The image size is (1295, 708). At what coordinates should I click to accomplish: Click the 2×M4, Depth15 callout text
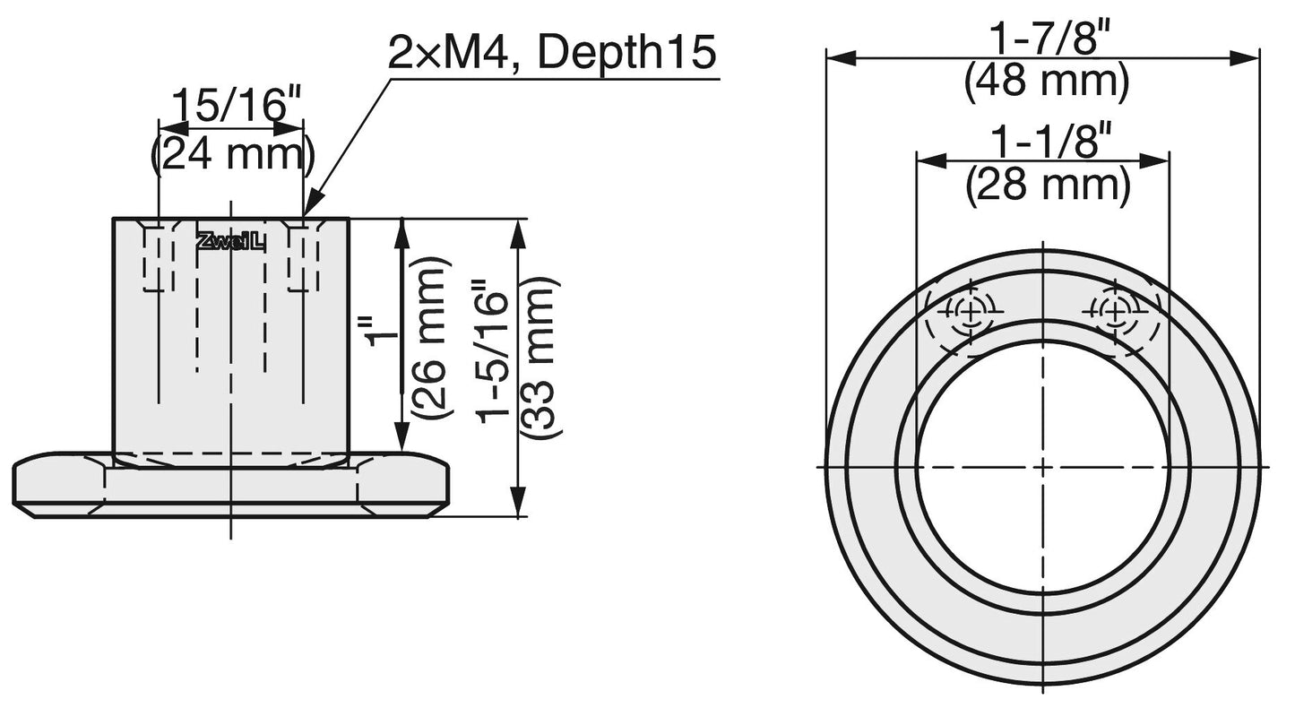[552, 54]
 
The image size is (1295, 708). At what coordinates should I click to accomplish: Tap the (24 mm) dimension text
[231, 154]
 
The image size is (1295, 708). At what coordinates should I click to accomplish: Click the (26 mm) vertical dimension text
[428, 341]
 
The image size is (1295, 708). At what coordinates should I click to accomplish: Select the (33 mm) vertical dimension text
[541, 358]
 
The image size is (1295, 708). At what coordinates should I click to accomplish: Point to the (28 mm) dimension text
[1046, 186]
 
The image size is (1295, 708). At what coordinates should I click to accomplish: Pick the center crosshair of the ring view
[1043, 467]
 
